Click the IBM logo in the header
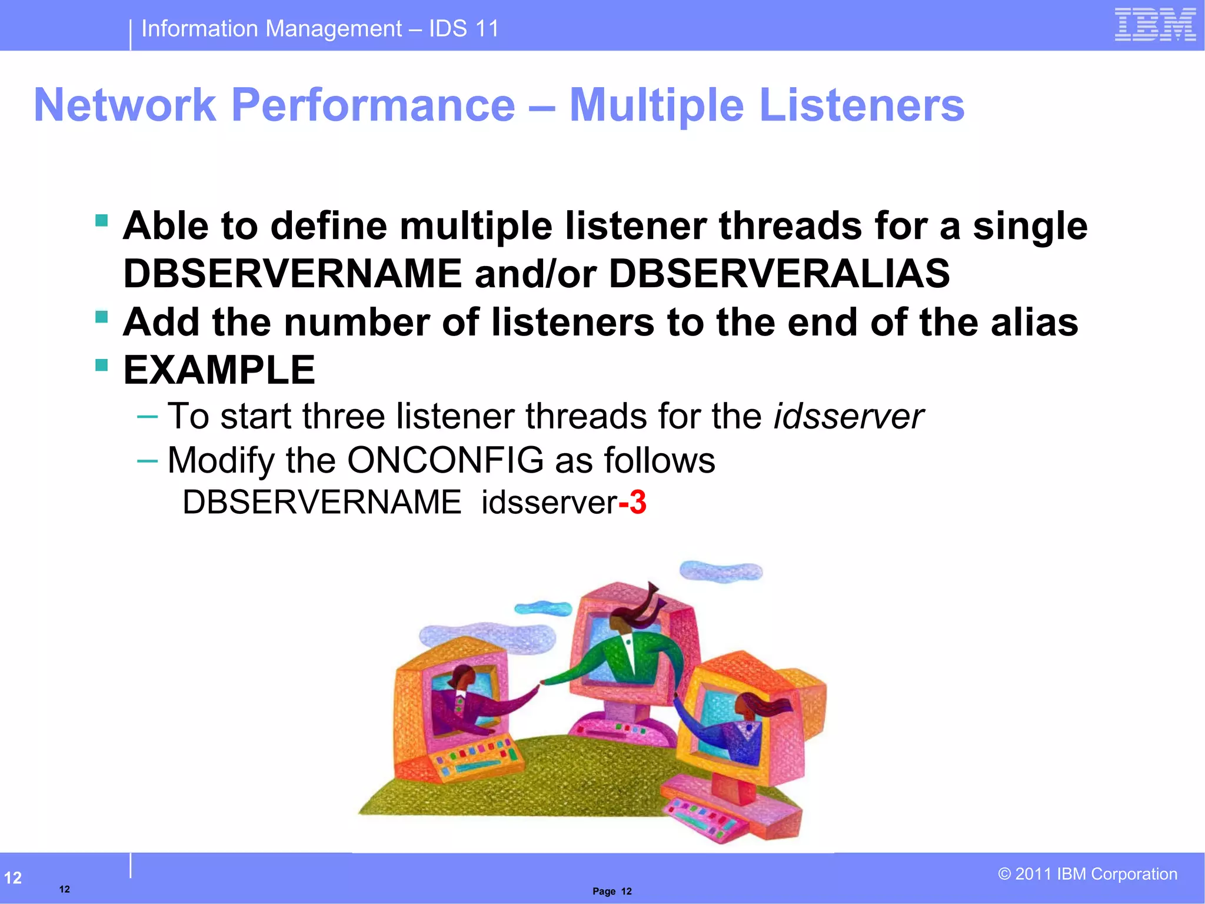click(1154, 25)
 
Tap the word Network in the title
click(125, 106)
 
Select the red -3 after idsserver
click(633, 503)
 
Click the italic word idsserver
click(848, 417)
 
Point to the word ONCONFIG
click(445, 460)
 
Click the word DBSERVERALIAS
click(779, 274)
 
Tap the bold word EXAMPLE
click(219, 371)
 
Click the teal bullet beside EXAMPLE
click(102, 365)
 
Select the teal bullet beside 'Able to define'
click(102, 221)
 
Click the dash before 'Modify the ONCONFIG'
click(147, 461)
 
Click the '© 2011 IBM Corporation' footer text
click(1087, 874)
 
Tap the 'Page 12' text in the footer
click(612, 891)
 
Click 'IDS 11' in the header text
click(464, 28)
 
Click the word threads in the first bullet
click(790, 227)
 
